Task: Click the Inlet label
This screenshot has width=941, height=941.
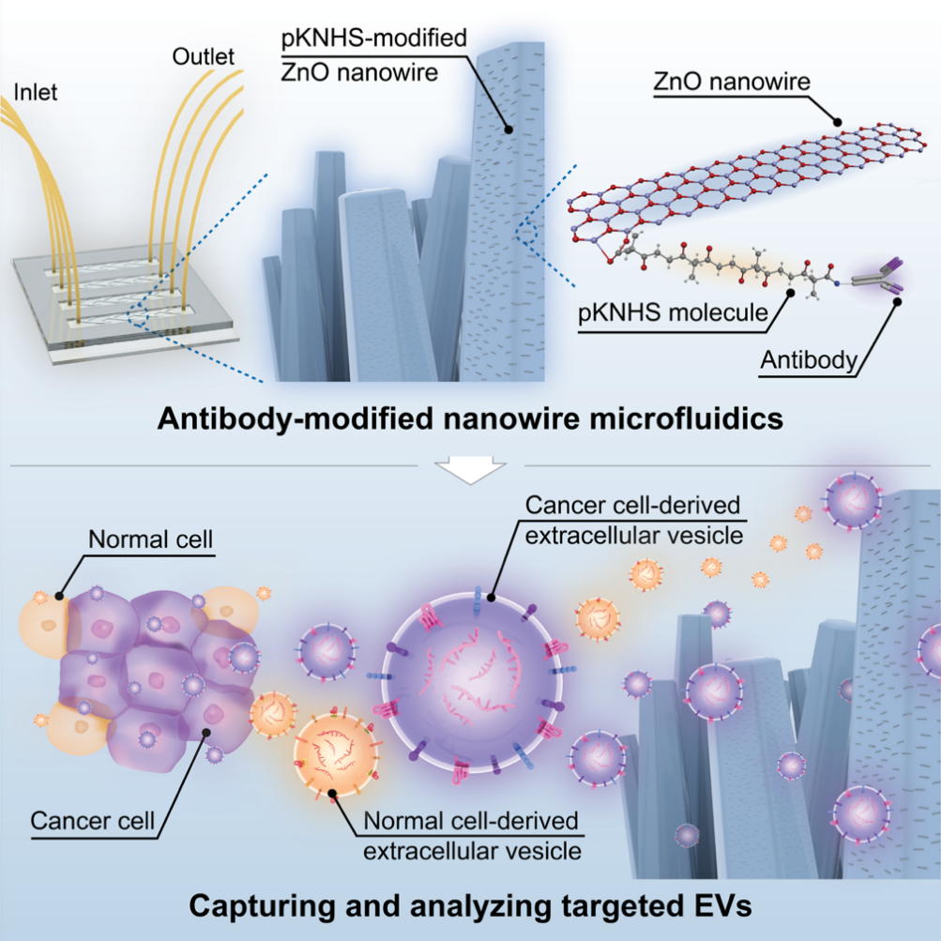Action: tap(36, 93)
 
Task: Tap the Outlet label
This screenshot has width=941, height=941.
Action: tap(203, 56)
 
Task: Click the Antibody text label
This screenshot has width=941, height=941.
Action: tap(809, 359)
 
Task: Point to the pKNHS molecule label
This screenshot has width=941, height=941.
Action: tap(673, 312)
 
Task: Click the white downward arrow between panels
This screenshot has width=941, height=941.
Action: tap(471, 469)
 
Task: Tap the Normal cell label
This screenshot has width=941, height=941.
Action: tap(151, 539)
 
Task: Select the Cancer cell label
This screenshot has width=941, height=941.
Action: tap(93, 820)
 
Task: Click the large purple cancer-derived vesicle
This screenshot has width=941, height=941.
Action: tap(474, 681)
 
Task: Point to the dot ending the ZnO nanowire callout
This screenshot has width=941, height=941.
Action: tap(838, 122)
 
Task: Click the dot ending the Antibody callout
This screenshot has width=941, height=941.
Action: tap(897, 302)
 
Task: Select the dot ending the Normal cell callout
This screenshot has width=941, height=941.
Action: tap(59, 596)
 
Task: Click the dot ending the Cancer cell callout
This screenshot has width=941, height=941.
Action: tap(206, 732)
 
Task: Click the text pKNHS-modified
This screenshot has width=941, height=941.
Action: tap(374, 38)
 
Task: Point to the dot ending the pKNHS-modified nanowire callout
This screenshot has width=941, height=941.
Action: tap(508, 129)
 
